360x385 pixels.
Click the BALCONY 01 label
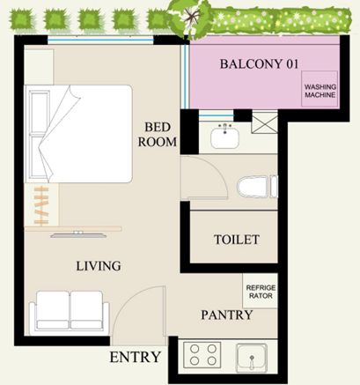point(259,63)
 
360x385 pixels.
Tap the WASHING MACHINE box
point(320,88)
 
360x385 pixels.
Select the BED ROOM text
point(158,135)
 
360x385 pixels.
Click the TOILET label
point(237,240)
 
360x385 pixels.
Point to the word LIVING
point(99,266)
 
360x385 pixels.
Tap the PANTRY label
point(227,315)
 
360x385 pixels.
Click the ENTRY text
point(135,358)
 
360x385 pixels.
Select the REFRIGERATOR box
point(261,291)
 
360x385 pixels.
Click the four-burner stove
point(202,355)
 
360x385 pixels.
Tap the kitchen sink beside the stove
point(252,356)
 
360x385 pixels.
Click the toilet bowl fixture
point(257,187)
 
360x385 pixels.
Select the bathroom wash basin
point(224,137)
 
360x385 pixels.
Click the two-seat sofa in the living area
point(70,313)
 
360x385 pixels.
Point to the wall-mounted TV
point(78,234)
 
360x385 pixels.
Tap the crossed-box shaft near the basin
point(265,122)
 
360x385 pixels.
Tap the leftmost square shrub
point(21,19)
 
